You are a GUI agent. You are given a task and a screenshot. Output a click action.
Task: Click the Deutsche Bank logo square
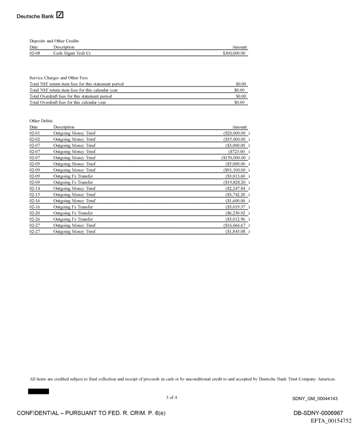tap(60, 16)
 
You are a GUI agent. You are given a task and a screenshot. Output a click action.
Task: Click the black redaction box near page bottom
tap(38, 391)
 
